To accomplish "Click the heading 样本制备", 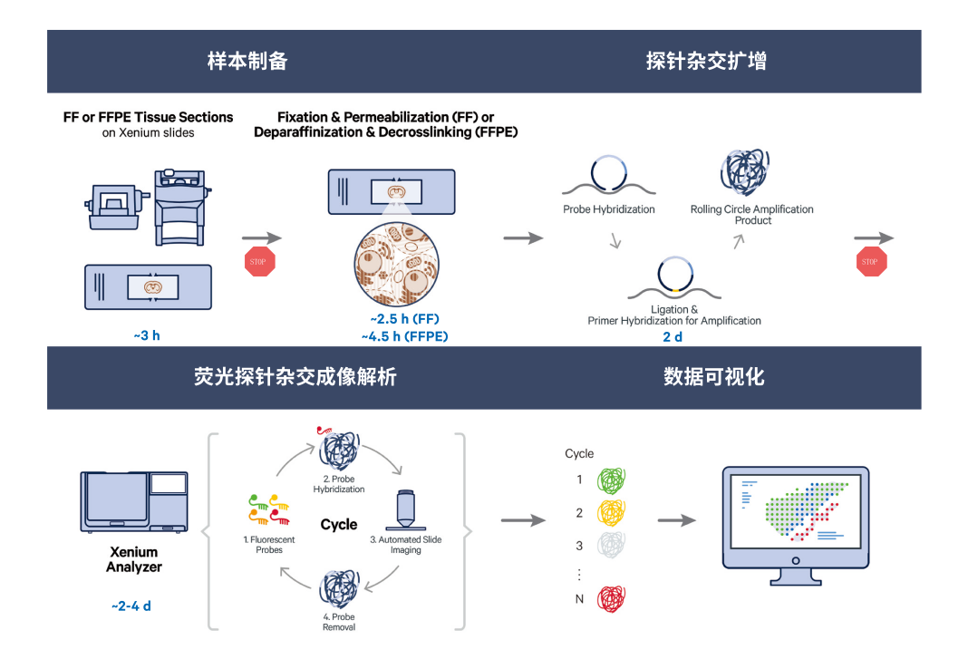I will pyautogui.click(x=247, y=62).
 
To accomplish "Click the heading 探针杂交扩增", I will pyautogui.click(x=706, y=62).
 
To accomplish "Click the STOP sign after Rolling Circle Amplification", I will pyautogui.click(x=870, y=262).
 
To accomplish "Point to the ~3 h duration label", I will pyautogui.click(x=147, y=335).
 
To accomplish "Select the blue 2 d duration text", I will pyautogui.click(x=673, y=336).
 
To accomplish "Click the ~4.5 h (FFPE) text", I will pyautogui.click(x=404, y=336).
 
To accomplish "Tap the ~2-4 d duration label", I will pyautogui.click(x=131, y=605).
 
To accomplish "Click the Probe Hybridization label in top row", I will pyautogui.click(x=608, y=209).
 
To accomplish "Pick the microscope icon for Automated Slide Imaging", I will pyautogui.click(x=405, y=511).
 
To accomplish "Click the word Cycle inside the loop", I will pyautogui.click(x=339, y=525).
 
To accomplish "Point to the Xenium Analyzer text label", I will pyautogui.click(x=134, y=559).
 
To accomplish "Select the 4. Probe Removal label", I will pyautogui.click(x=339, y=622).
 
